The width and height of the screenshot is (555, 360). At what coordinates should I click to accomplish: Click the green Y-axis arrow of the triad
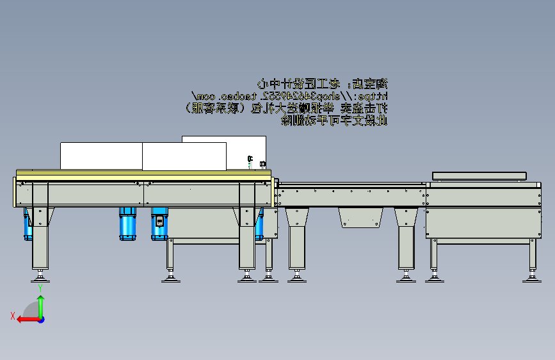40,304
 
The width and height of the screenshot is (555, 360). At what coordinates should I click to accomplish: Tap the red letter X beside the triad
13,315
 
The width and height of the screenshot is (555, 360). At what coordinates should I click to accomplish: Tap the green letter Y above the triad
40,289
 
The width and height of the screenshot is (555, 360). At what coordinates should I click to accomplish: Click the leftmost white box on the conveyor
101,156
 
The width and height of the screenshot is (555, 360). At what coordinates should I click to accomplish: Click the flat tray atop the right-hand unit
479,176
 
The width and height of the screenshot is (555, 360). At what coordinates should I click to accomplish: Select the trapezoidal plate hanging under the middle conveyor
362,217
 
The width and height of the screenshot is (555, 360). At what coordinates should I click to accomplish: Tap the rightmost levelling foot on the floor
531,277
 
